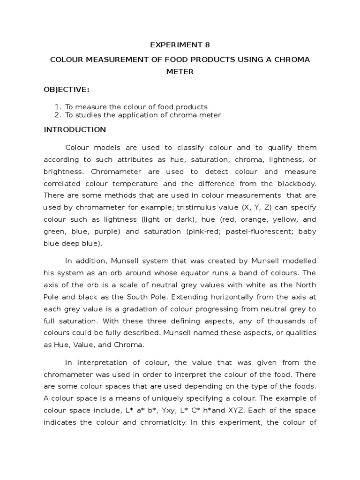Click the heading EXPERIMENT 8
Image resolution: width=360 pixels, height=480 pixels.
[x=180, y=45]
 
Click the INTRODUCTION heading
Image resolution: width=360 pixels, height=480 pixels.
[x=75, y=129]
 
